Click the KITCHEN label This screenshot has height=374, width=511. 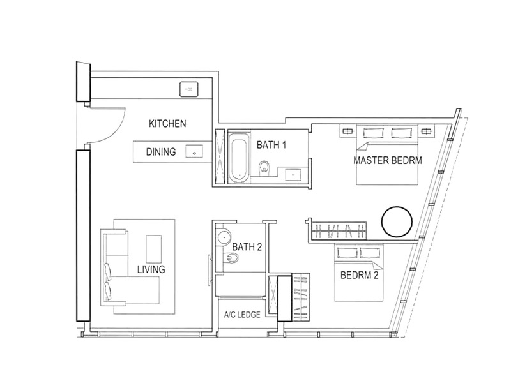[x=167, y=124]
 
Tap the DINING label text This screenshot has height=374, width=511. [x=161, y=152]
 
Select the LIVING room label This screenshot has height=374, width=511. [x=151, y=269]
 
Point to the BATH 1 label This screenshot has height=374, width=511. [x=271, y=144]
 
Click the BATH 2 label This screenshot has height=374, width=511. [x=247, y=247]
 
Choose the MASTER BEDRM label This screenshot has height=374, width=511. [x=388, y=160]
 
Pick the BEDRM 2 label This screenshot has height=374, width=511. [x=360, y=275]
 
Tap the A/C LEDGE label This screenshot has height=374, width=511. [x=242, y=315]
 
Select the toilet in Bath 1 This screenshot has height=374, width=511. [x=263, y=167]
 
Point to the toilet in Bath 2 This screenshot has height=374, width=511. [x=232, y=258]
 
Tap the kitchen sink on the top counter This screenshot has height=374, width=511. [x=189, y=89]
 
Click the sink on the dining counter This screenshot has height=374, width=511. [x=194, y=152]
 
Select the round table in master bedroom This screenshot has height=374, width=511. [x=397, y=221]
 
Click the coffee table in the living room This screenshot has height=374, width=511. [x=154, y=249]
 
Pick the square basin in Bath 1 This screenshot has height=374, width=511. [x=293, y=175]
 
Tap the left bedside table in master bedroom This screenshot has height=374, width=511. [x=347, y=131]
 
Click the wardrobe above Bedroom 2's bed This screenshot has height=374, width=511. [x=339, y=230]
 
